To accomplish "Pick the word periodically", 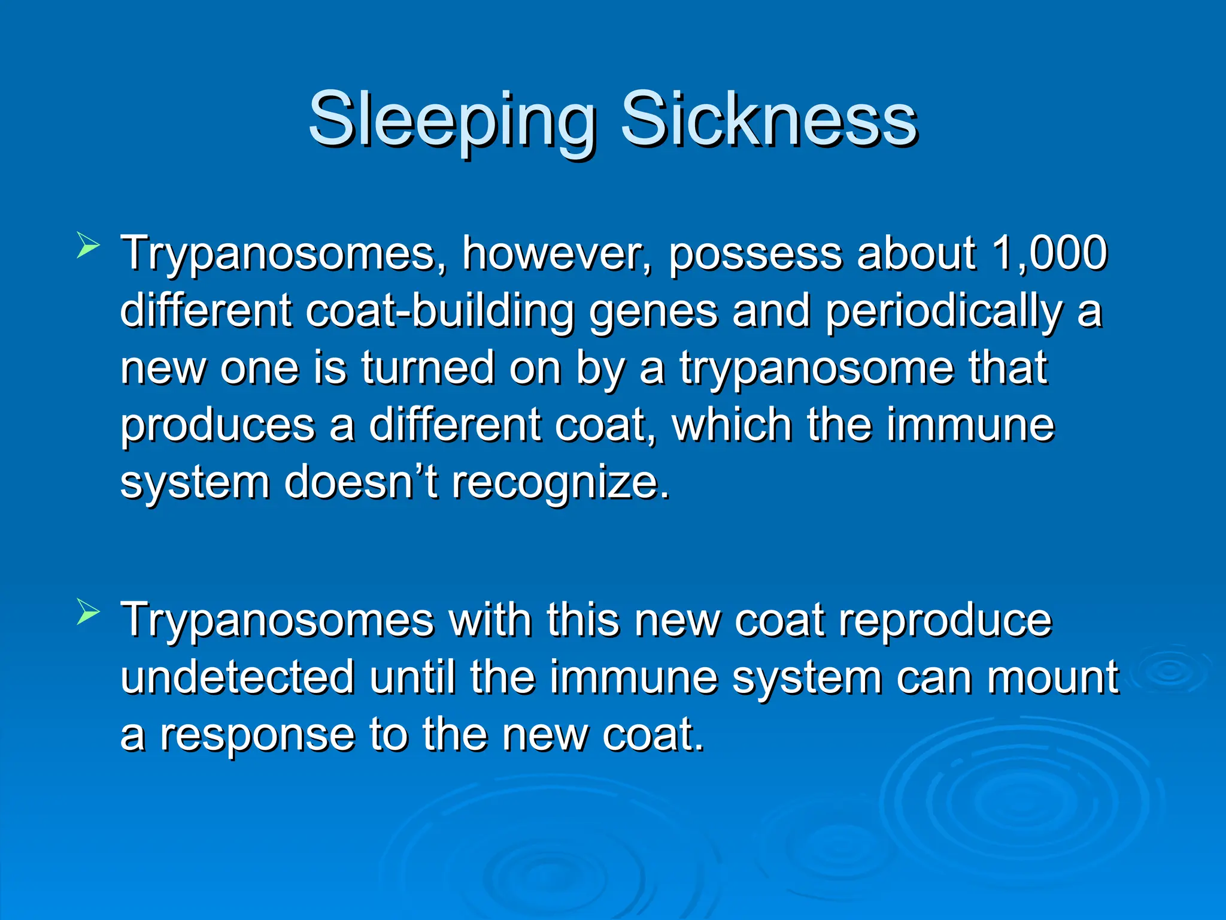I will pos(944,311).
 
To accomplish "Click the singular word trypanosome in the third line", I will pos(817,369).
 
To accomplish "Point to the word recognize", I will pos(560,483).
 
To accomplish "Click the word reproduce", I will pos(945,621).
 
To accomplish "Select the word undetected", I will pos(238,677).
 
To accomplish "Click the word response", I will pos(257,736).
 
